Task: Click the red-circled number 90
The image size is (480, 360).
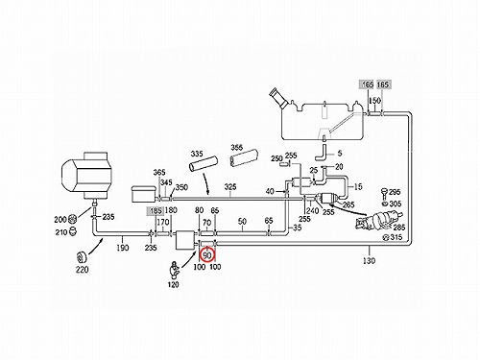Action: tap(207, 255)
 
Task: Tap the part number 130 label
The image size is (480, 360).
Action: tap(369, 261)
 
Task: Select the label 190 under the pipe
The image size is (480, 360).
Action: tap(123, 248)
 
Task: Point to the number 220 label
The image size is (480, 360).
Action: tap(82, 270)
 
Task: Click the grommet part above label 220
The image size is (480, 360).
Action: tap(82, 256)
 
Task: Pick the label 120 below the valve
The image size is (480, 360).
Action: tap(173, 284)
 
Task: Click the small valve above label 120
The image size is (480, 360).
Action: tap(175, 269)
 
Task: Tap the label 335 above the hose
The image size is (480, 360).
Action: tap(197, 154)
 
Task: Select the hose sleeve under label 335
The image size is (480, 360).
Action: tap(203, 165)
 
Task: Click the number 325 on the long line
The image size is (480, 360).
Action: tap(230, 187)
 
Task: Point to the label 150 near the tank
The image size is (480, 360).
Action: tap(374, 101)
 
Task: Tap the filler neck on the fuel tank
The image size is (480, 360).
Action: tap(279, 97)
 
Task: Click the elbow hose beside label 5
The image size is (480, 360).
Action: tap(322, 153)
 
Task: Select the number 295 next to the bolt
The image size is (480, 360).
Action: tap(395, 192)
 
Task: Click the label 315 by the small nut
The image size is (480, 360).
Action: tap(396, 237)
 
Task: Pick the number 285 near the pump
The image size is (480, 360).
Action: tap(399, 228)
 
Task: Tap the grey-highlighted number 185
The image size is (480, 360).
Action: tap(156, 211)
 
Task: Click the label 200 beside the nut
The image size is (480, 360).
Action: tap(60, 219)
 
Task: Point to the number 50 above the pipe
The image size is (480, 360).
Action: tap(242, 222)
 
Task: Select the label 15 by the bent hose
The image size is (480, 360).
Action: tap(358, 186)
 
